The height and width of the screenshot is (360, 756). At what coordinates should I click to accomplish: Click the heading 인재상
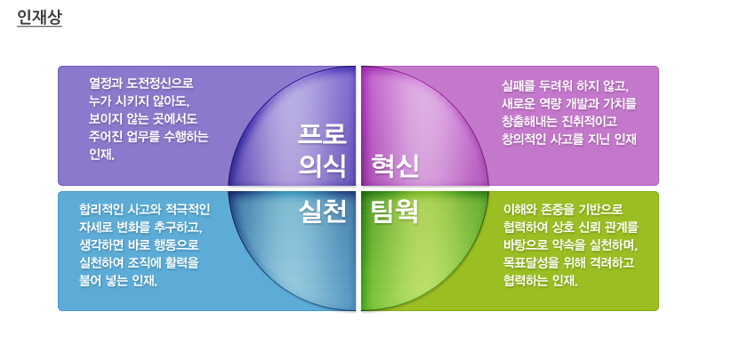[39, 18]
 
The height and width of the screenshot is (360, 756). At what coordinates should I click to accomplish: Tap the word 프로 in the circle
[322, 134]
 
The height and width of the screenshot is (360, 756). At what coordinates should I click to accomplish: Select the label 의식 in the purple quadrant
[322, 167]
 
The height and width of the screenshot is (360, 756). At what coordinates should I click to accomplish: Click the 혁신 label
[395, 167]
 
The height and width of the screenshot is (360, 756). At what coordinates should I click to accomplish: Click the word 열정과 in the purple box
[106, 84]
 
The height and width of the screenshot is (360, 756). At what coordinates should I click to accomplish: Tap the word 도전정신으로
[161, 84]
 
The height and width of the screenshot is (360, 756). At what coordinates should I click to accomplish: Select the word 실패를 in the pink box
[519, 86]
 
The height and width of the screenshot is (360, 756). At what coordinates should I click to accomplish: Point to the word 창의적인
[524, 140]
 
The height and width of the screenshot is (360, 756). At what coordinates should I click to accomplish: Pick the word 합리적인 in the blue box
[101, 210]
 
